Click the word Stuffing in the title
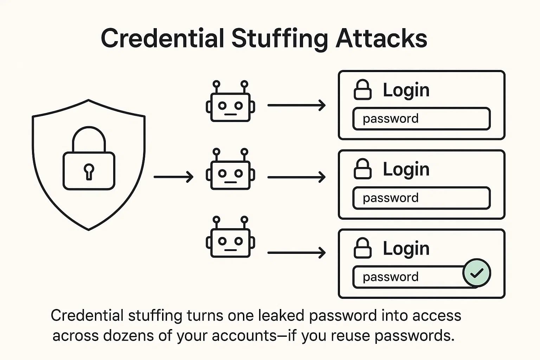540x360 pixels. (280, 39)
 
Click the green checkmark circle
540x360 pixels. (476, 273)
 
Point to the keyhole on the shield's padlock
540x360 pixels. (89, 171)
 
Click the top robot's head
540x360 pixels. (230, 107)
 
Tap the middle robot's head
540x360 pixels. (230, 175)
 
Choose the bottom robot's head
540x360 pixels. (230, 243)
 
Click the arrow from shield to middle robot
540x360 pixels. (173, 177)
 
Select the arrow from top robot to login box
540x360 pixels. (296, 105)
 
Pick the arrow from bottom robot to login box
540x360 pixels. (296, 252)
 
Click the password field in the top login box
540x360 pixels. (421, 119)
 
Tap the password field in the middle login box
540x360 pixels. (421, 198)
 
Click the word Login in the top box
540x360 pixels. (406, 90)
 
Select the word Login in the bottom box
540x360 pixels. (406, 249)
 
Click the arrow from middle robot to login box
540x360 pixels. (296, 177)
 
